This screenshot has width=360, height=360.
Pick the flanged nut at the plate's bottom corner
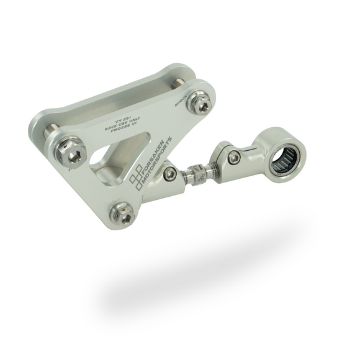pyautogui.click(x=122, y=214)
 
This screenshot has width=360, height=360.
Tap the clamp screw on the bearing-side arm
pyautogui.click(x=233, y=158)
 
